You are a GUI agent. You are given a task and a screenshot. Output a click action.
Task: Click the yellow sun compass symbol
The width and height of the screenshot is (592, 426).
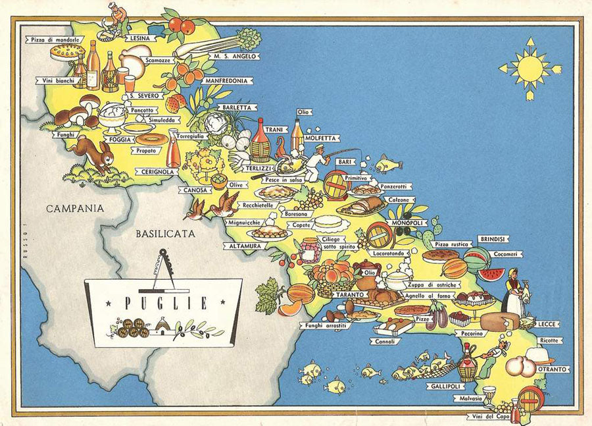click(x=530, y=68)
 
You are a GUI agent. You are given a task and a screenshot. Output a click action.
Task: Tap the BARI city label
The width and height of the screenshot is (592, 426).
click(x=343, y=161)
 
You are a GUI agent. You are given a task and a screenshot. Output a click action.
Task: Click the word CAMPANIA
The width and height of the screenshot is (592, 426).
click(x=74, y=208)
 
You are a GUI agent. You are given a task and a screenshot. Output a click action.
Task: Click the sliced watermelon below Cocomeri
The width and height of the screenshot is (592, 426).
click(x=491, y=273)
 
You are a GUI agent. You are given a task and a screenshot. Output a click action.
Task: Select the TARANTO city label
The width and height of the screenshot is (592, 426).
click(x=349, y=294)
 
